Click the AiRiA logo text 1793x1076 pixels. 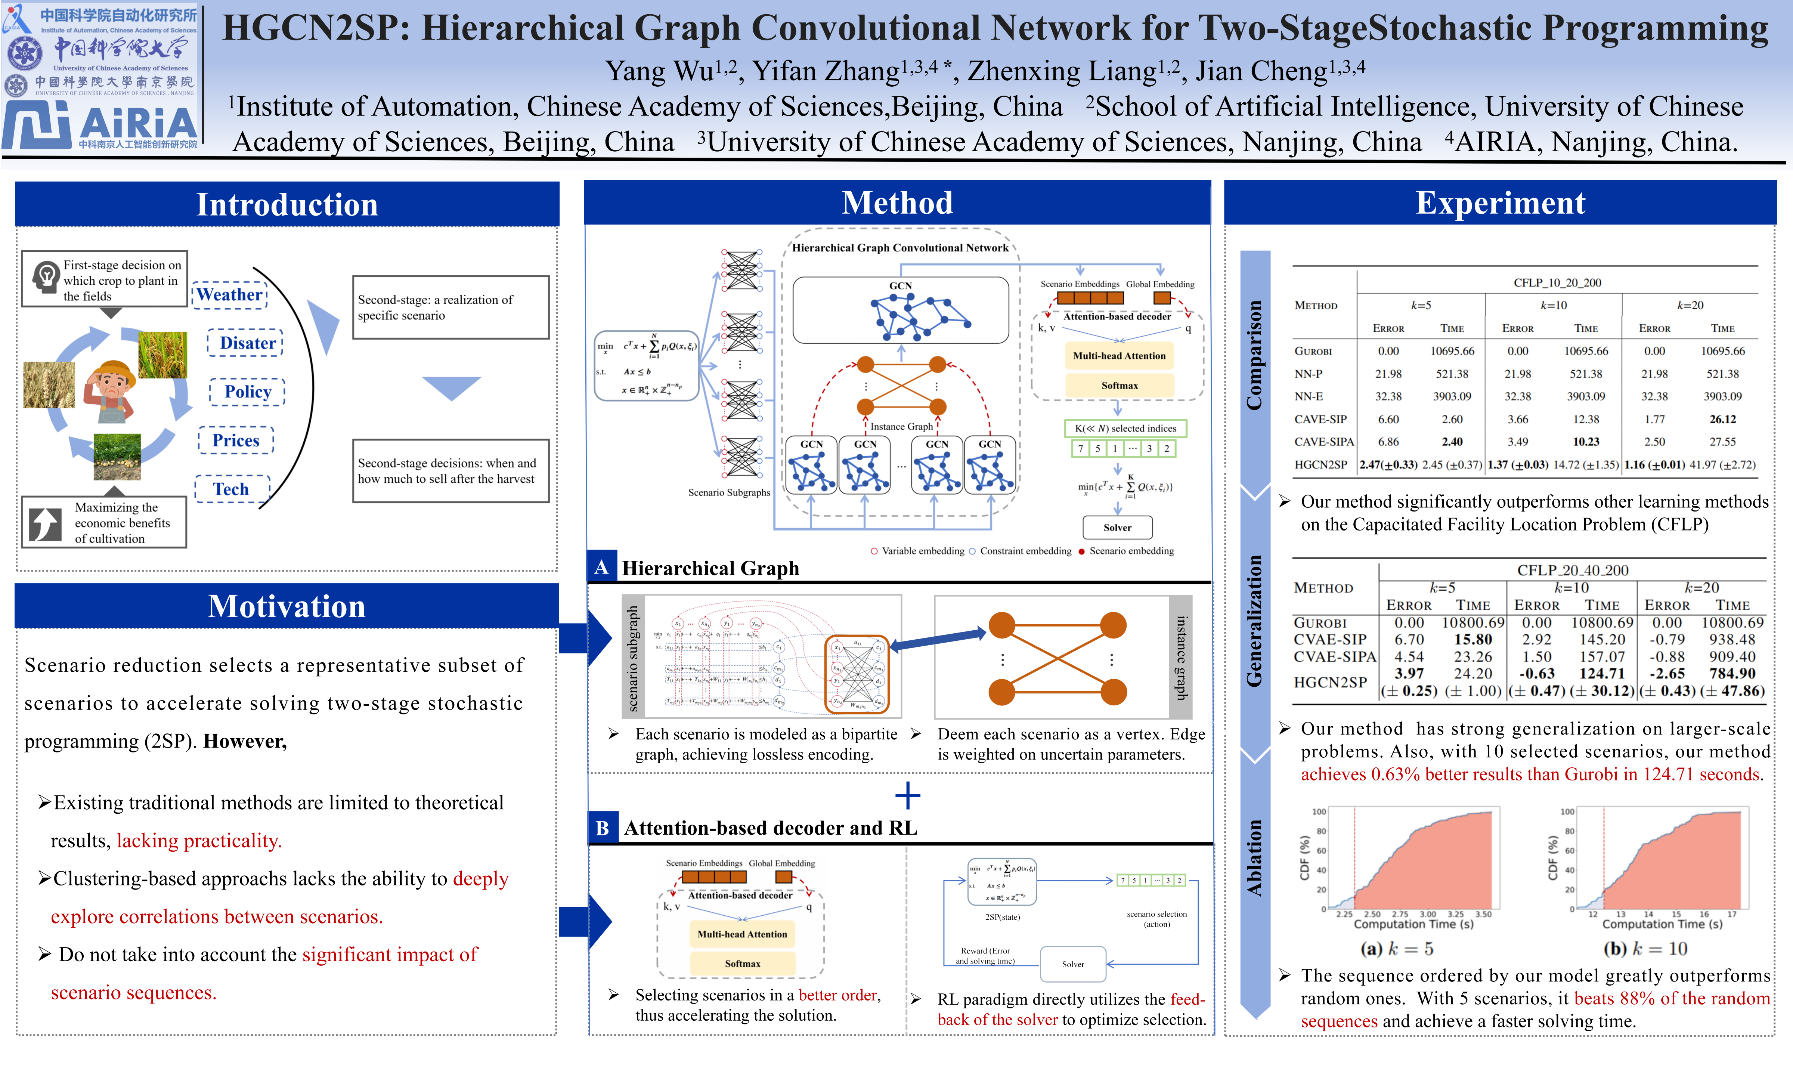point(138,123)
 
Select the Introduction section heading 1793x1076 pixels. point(287,204)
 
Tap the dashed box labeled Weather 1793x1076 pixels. point(230,295)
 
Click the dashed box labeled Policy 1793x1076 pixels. point(247,392)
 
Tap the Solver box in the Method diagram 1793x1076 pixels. point(1117,527)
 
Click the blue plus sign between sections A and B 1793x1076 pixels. point(907,795)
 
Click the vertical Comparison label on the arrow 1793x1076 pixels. point(1254,355)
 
